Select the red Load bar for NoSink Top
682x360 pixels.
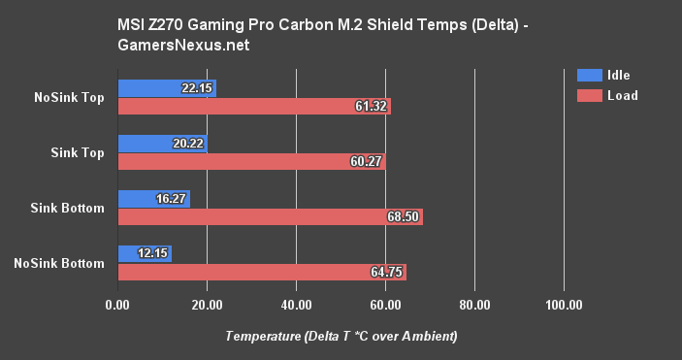(x=252, y=106)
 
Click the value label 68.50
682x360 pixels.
(x=402, y=216)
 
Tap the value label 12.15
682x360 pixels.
(x=152, y=254)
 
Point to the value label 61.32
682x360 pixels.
(x=370, y=106)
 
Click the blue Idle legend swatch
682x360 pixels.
(x=588, y=76)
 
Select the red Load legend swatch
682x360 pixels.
(x=588, y=95)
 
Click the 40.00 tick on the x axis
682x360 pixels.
(x=296, y=306)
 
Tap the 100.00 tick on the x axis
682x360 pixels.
(x=564, y=306)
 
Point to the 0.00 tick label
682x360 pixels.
(x=117, y=306)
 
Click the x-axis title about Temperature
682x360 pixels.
(x=341, y=336)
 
